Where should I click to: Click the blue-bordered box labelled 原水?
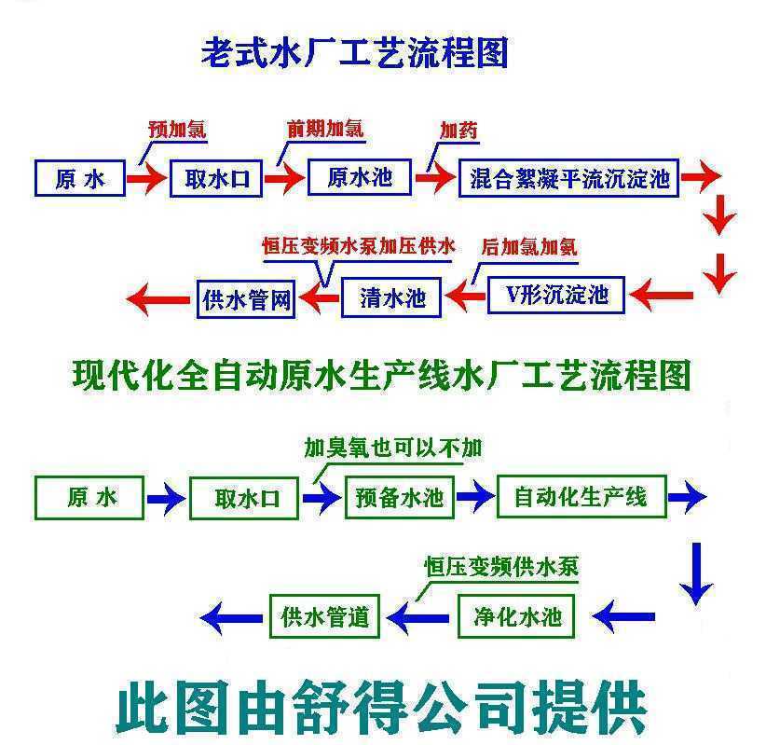click(x=80, y=178)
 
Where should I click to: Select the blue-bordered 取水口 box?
click(x=216, y=178)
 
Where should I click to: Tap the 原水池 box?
click(x=360, y=177)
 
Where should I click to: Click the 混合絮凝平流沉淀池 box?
click(x=569, y=178)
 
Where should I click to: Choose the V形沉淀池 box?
click(x=556, y=295)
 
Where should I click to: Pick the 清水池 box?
click(x=391, y=297)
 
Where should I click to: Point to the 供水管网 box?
click(x=246, y=299)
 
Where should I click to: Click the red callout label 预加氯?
click(x=177, y=130)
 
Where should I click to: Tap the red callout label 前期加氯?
click(x=325, y=129)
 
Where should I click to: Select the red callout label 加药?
click(x=458, y=130)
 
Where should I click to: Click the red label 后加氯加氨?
click(x=529, y=247)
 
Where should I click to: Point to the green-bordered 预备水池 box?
click(x=400, y=497)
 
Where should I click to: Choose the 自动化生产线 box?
click(x=581, y=496)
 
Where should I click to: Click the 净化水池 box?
click(x=516, y=616)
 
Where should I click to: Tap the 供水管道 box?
click(x=325, y=616)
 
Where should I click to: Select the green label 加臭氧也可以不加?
click(x=393, y=448)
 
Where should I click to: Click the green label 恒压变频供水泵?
click(x=501, y=567)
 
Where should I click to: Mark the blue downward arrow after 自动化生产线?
click(x=696, y=573)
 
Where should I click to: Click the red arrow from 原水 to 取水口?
click(x=147, y=178)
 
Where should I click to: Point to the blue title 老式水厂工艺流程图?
click(x=355, y=53)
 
